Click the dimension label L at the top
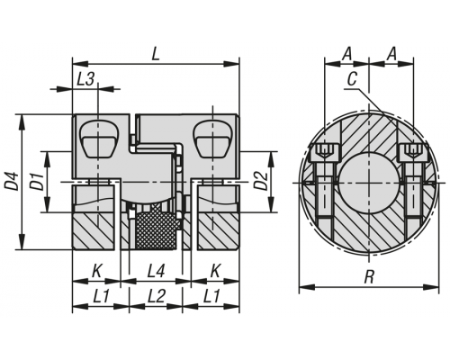(156, 55)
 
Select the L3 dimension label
(85, 80)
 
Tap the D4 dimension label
(12, 181)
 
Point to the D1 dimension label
(37, 181)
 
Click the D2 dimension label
(262, 181)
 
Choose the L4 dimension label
(156, 272)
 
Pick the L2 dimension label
(157, 296)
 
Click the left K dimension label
(96, 272)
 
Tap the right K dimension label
(215, 272)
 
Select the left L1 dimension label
(101, 296)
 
